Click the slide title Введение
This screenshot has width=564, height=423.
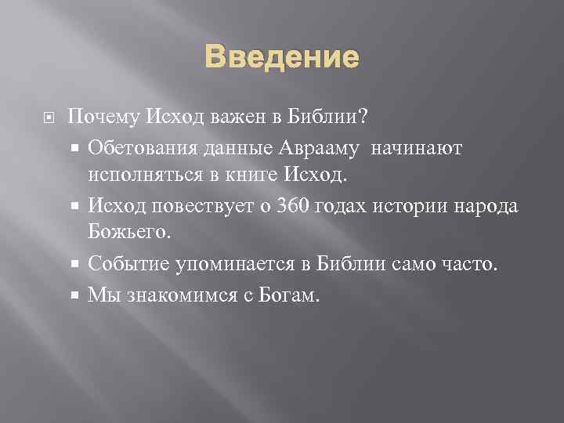(x=282, y=57)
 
